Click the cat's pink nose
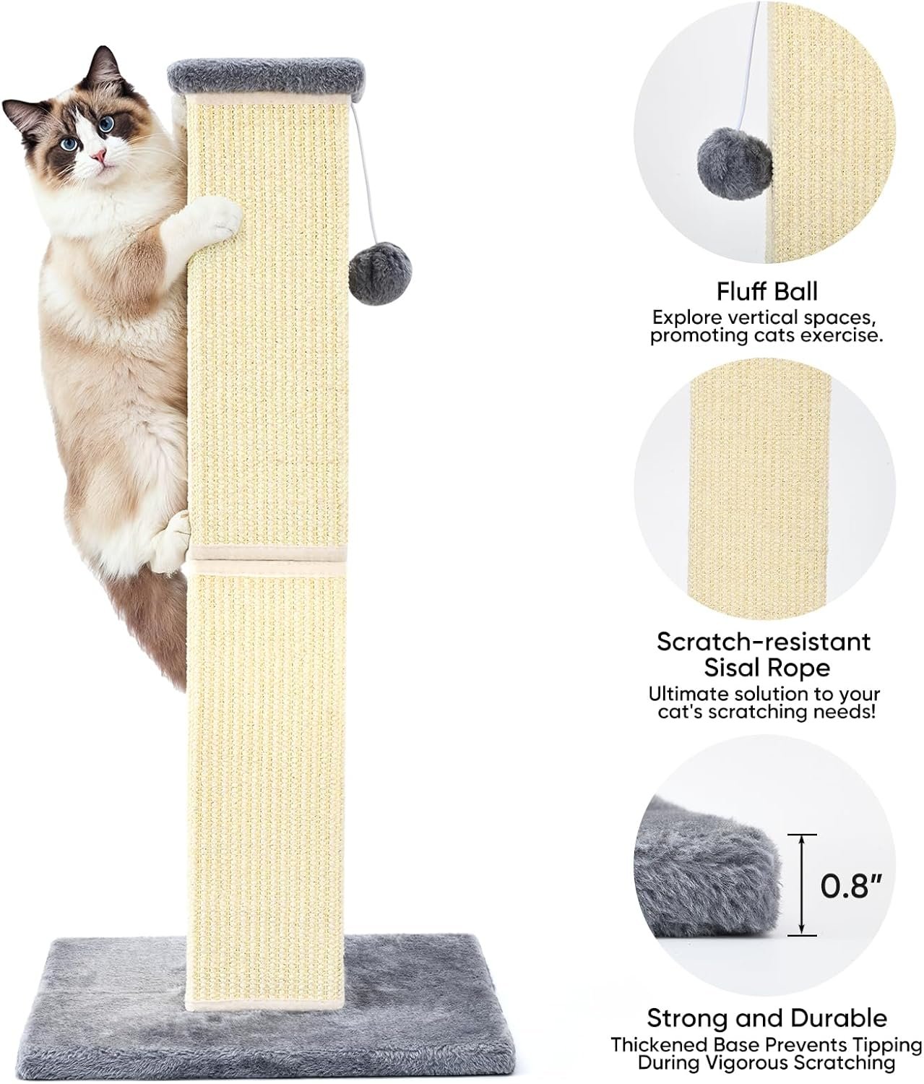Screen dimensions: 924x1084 (x=98, y=155)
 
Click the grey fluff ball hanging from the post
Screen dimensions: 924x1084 (x=380, y=273)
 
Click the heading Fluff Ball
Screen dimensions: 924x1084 (x=767, y=291)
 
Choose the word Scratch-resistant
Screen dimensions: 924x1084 (x=764, y=642)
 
